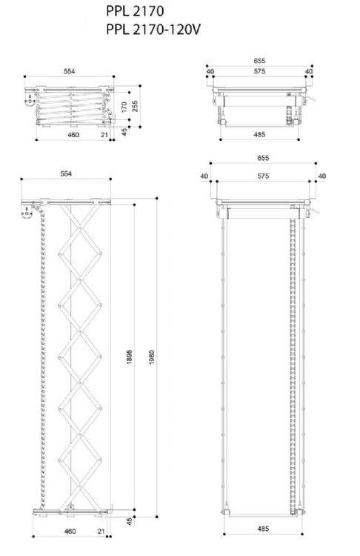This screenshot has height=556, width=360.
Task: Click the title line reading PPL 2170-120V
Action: tap(153, 30)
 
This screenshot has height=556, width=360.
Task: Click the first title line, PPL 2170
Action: tap(135, 11)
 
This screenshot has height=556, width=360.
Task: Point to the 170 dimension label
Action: tap(124, 107)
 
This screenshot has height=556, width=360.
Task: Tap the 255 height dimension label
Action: tap(135, 106)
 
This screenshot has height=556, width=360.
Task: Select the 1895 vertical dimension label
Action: tap(130, 357)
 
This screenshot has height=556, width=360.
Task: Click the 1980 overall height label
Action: tap(152, 357)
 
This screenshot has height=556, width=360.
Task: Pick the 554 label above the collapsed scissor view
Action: tap(70, 71)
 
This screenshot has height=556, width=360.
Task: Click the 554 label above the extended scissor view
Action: tap(66, 173)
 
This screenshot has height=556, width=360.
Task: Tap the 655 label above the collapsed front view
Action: tap(259, 61)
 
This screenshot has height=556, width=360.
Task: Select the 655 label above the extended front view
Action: tap(263, 158)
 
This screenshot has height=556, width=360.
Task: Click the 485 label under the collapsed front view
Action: tap(259, 134)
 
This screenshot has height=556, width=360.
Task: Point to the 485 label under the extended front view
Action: tap(263, 529)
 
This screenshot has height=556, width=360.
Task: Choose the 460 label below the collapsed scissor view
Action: tap(73, 135)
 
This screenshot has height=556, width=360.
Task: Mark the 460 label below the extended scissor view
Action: tap(70, 532)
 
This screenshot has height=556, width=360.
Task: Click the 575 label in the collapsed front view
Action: tap(259, 71)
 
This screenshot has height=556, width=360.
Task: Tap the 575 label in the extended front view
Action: tap(263, 176)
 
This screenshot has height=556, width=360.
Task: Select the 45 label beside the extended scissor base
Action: tap(130, 521)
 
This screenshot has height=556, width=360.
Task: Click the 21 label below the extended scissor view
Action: tap(101, 532)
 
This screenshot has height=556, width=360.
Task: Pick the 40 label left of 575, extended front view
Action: tap(204, 176)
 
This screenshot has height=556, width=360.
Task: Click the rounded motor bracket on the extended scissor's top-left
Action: tap(27, 212)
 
